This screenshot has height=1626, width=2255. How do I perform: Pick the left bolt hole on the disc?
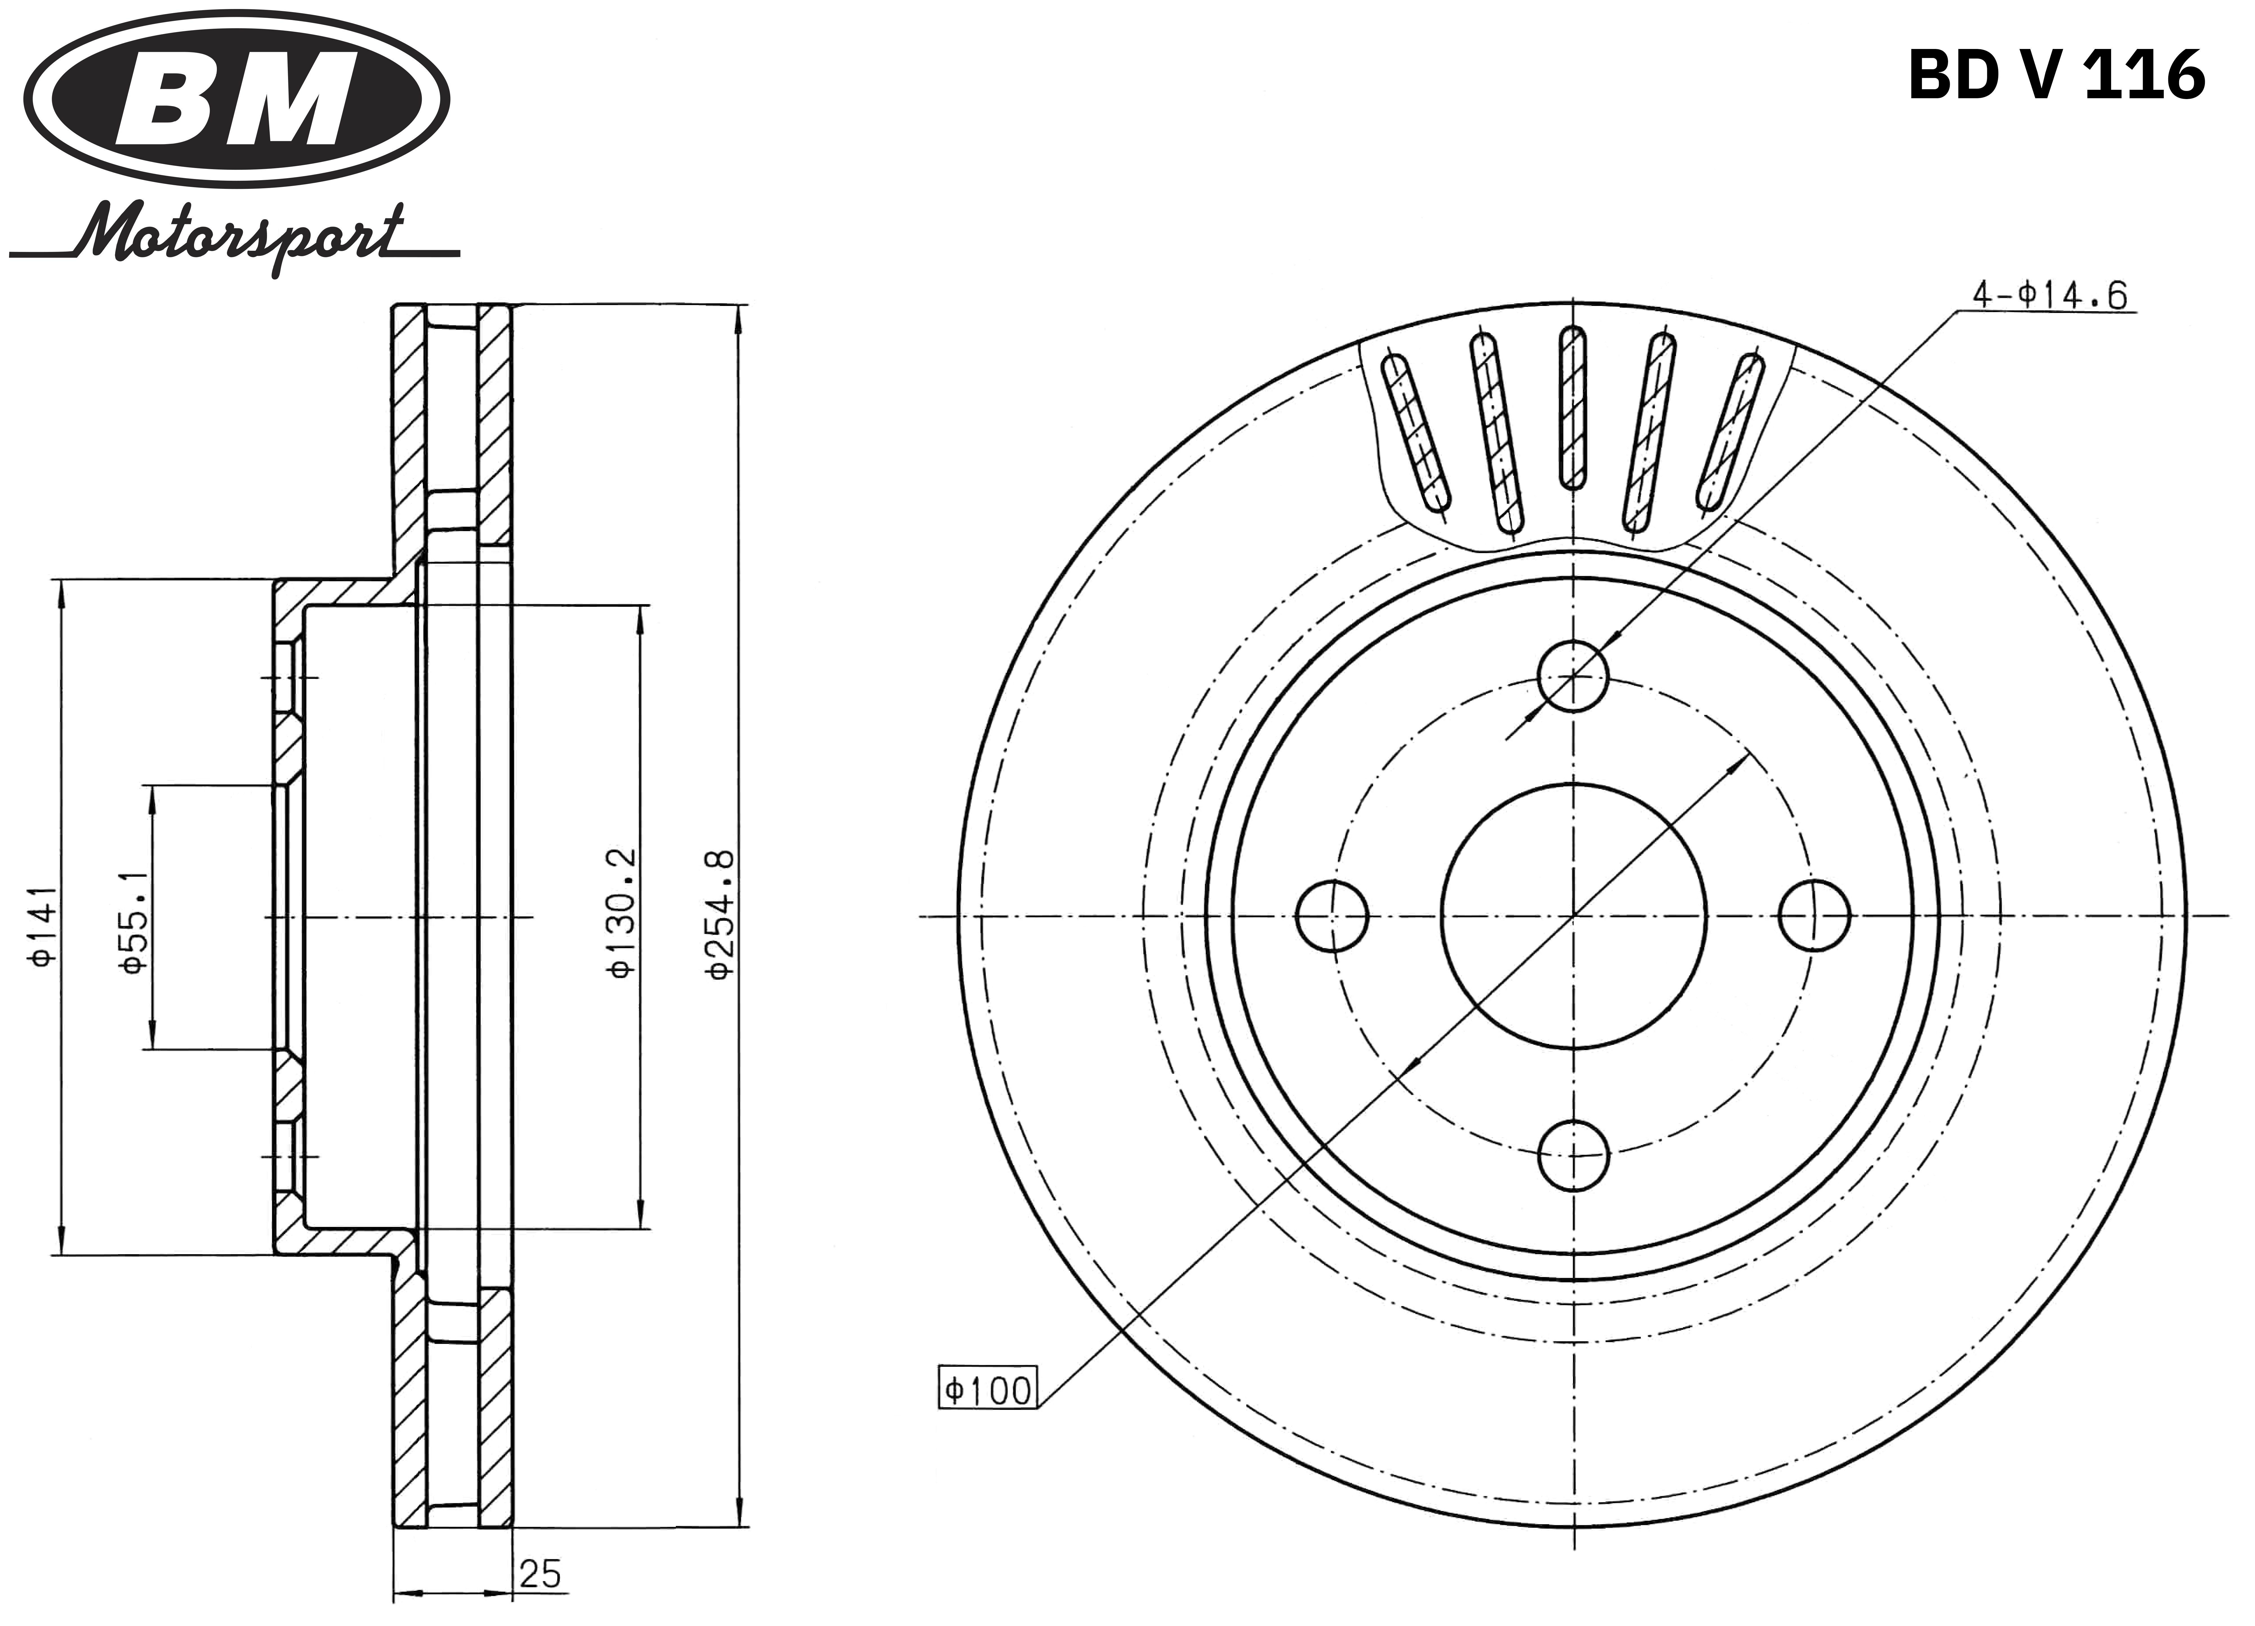click(x=1332, y=915)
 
